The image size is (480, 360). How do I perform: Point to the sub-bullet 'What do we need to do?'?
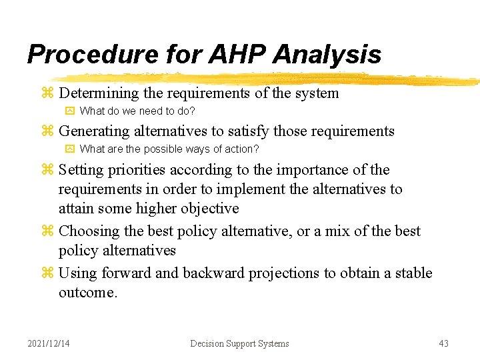click(x=137, y=111)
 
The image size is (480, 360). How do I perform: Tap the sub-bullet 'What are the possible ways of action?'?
click(x=169, y=149)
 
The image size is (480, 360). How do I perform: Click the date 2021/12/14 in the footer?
click(x=49, y=343)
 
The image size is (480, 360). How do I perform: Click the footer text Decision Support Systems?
click(x=239, y=343)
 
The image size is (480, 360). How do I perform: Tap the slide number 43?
click(x=443, y=343)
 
